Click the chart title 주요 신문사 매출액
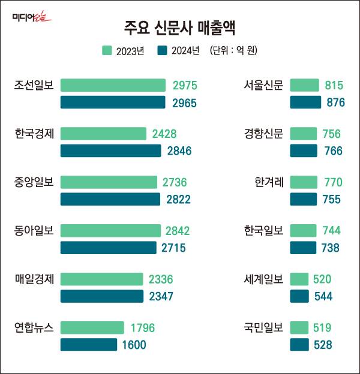click(180, 27)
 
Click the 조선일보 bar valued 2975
click(113, 85)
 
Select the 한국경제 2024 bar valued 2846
click(110, 150)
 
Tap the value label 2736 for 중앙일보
click(175, 182)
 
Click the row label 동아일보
click(34, 230)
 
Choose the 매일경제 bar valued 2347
click(102, 296)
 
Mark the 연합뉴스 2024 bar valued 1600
click(89, 345)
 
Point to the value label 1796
click(142, 328)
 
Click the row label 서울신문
click(263, 85)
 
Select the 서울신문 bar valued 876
click(305, 102)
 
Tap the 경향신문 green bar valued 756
click(304, 134)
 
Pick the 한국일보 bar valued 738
click(303, 248)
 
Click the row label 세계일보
click(263, 279)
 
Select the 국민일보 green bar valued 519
click(299, 328)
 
